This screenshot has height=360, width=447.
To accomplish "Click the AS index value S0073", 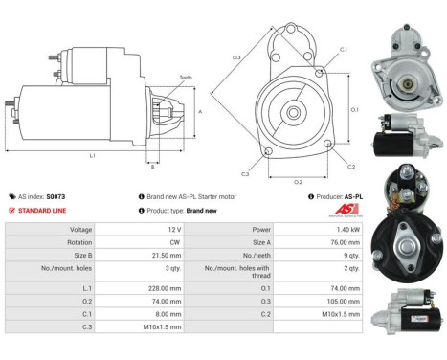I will tap(60, 195).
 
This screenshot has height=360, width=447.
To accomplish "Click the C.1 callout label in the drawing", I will tap(343, 49).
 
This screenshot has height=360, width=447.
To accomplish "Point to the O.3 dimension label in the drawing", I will tap(235, 57).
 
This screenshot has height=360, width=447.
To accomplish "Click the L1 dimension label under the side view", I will tap(92, 154).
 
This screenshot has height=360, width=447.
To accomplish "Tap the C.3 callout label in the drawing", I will tap(245, 174).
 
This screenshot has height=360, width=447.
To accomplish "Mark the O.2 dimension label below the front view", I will tap(297, 180).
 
